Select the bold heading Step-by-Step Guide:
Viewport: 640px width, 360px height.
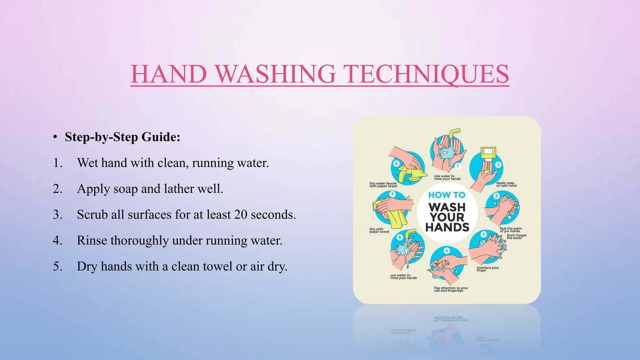[x=122, y=137]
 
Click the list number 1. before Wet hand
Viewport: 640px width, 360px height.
[x=58, y=163]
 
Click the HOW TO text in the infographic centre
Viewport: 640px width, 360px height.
[x=447, y=195]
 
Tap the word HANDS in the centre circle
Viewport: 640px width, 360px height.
[x=447, y=227]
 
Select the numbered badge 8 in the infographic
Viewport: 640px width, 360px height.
[x=396, y=163]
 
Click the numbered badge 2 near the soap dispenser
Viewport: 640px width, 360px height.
[x=498, y=165]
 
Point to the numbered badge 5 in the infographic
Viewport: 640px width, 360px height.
[x=447, y=250]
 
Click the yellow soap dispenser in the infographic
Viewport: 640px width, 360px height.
[x=488, y=153]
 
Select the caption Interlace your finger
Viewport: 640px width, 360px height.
[x=487, y=269]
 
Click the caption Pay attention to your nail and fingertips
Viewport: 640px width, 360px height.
[x=451, y=289]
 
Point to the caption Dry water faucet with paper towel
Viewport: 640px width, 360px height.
[x=383, y=185]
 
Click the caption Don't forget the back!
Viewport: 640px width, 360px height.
[x=516, y=237]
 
